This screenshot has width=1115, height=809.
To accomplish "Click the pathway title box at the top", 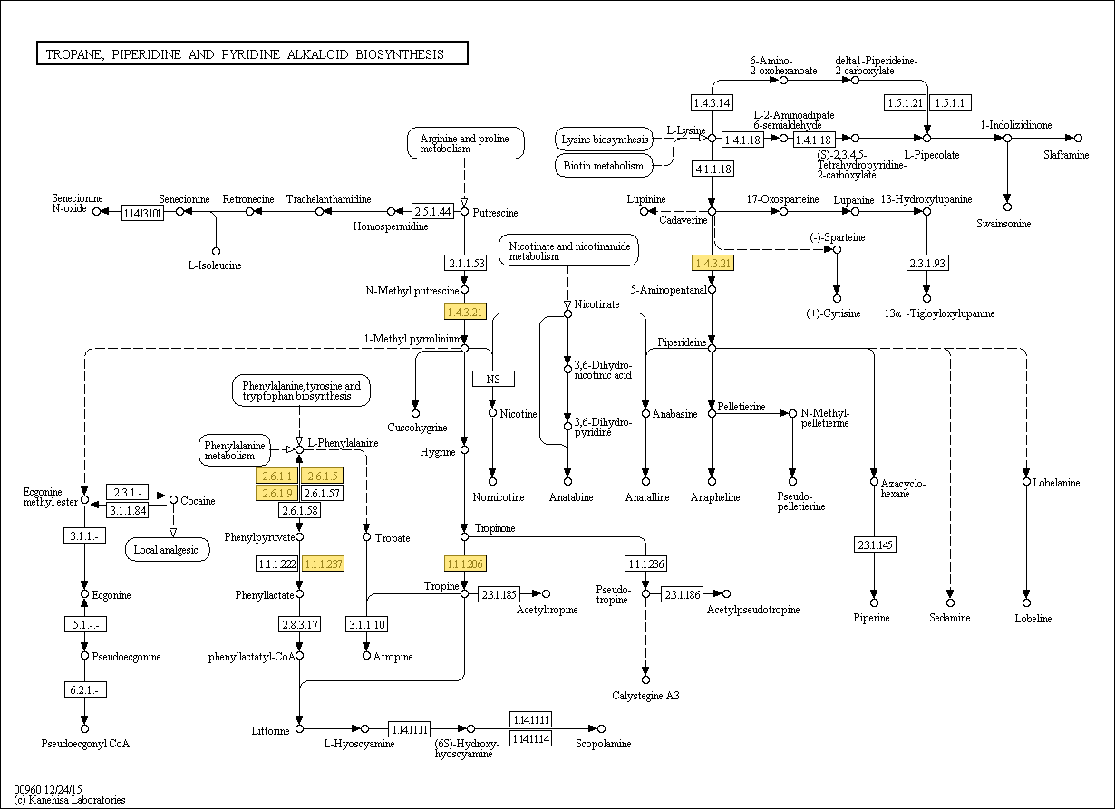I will coord(252,54).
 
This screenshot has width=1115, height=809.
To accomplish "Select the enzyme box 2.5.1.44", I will coord(432,211).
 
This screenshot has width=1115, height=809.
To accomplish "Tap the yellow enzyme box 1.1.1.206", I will coord(465,564).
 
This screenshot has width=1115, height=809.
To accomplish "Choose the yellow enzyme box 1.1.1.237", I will coord(324,564).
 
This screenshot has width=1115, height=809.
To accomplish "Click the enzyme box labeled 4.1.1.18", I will coord(713,169).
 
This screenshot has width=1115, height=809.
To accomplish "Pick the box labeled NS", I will coord(493,379).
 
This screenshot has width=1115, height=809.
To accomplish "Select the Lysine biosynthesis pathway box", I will coord(605,140).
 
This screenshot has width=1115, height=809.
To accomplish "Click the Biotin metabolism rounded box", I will coord(604,166).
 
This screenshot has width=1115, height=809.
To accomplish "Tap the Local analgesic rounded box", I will coord(167,549).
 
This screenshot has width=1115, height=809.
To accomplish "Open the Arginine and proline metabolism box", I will coord(464,144).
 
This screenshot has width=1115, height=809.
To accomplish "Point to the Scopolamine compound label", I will coord(604,744).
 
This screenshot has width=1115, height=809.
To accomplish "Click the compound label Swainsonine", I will coord(1003,223).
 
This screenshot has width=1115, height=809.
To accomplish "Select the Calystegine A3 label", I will coord(645,696).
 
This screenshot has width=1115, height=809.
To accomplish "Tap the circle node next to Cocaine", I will coord(173,499).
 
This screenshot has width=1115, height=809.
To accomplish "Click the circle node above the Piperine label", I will coord(874,602).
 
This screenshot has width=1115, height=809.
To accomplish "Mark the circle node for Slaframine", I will coord(1078,138).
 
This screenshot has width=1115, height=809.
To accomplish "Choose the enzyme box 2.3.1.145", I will coord(874,544).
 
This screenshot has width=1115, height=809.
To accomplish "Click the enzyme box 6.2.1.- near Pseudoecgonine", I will coord(84,689).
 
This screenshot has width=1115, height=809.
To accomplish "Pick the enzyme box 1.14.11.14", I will coord(530,738).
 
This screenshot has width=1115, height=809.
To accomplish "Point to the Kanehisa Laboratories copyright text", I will coord(70,800).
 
